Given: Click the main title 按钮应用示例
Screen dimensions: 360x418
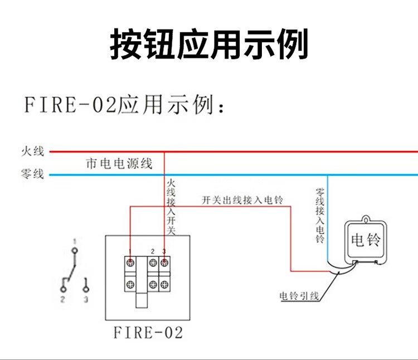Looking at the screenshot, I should (x=209, y=44).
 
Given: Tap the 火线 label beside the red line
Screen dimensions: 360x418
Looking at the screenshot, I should (x=32, y=151).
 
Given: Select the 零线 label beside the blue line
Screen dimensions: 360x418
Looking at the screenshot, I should (x=32, y=175).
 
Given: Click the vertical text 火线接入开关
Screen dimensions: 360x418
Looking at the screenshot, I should (x=171, y=206).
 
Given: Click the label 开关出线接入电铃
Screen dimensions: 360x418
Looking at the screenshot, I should (x=243, y=200).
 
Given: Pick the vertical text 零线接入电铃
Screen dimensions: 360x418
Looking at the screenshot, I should (x=320, y=215).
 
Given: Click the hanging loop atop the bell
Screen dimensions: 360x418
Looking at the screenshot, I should (x=366, y=218).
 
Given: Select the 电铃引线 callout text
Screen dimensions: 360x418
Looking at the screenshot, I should (x=299, y=295).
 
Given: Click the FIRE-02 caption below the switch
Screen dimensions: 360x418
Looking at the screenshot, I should (x=148, y=333).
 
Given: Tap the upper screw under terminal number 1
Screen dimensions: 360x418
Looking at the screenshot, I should (x=130, y=262).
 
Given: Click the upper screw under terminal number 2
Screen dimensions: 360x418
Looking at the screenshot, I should (x=152, y=262).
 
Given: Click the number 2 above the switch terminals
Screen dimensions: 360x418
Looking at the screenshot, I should (x=153, y=252).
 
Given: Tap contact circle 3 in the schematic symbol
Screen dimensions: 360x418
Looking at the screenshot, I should (x=85, y=289).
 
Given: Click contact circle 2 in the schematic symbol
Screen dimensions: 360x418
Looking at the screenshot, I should (x=63, y=289).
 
